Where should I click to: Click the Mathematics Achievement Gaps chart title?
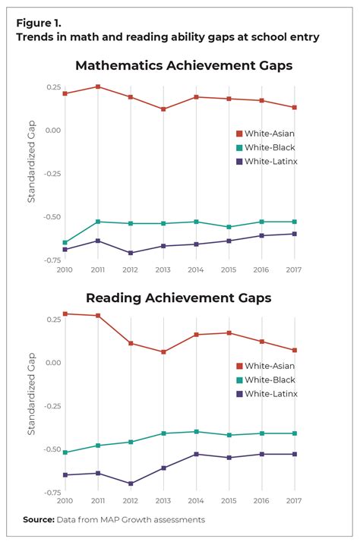(183, 65)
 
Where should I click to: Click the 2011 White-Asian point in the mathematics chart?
(97, 87)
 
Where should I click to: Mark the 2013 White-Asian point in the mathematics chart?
(163, 109)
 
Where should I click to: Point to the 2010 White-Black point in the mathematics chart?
(65, 242)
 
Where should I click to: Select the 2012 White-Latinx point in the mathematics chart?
(130, 253)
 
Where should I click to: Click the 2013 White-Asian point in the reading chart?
(163, 351)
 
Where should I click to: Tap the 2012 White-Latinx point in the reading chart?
(130, 484)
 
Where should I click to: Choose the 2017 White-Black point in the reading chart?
(294, 433)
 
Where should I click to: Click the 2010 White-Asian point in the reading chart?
(65, 313)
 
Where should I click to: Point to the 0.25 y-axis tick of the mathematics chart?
(52, 87)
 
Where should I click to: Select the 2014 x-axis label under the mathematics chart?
(195, 269)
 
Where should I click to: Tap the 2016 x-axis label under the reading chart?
(261, 502)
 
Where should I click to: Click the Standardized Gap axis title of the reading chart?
(32, 396)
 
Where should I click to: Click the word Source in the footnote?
(37, 520)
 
